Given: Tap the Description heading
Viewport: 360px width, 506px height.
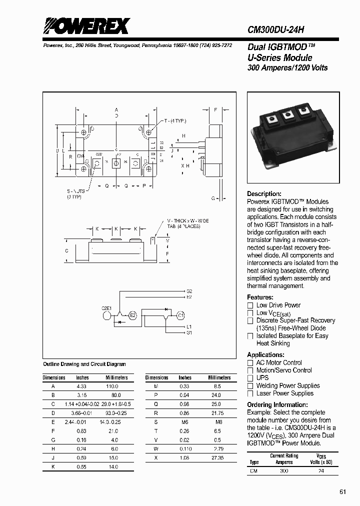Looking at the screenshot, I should click(x=264, y=193).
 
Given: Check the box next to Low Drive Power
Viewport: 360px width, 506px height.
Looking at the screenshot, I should click(x=250, y=305).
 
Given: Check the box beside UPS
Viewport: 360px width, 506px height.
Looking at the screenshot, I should click(x=250, y=378).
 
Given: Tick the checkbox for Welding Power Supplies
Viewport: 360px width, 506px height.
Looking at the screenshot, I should click(x=250, y=386).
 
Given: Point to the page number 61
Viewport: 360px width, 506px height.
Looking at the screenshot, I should click(x=343, y=492).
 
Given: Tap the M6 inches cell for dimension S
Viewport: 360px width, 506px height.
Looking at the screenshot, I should click(x=184, y=422).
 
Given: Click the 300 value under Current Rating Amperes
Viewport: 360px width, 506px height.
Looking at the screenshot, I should click(x=284, y=471).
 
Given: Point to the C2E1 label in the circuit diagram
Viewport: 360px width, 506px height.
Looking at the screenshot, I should click(x=108, y=308).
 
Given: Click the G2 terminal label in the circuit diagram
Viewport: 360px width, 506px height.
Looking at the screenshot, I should click(x=189, y=291).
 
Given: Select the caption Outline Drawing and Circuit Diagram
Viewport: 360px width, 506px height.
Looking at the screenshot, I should click(x=84, y=364).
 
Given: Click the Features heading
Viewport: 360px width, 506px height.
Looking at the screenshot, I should click(x=260, y=297).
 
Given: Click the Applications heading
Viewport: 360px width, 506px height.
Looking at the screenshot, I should click(x=265, y=354).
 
